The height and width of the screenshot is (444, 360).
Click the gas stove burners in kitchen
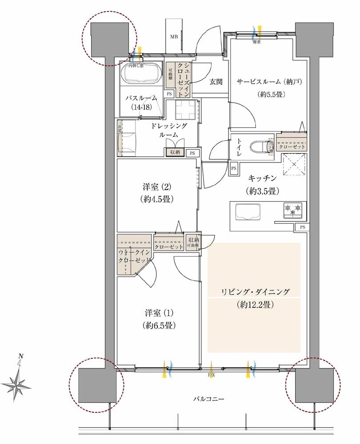(x=292, y=209)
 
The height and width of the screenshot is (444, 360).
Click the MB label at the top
(x=173, y=37)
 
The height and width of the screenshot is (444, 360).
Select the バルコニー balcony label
(x=208, y=399)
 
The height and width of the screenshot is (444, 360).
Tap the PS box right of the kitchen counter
(x=302, y=227)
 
